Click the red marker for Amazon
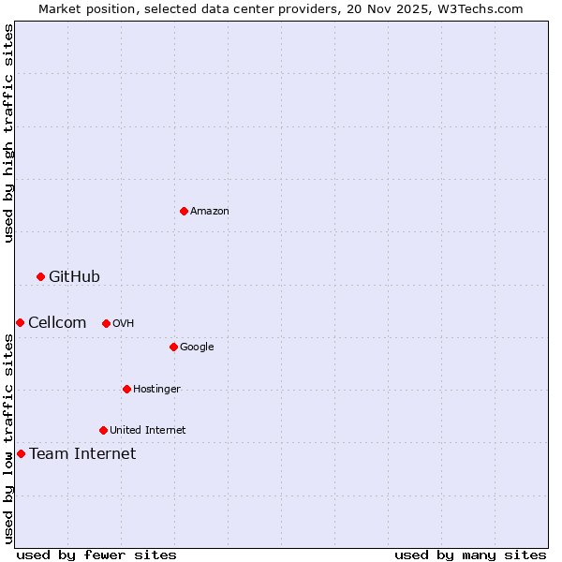[184, 211]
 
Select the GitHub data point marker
[40, 276]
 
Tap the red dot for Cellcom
[20, 322]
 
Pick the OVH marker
[106, 323]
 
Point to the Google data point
[173, 347]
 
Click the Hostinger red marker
[126, 389]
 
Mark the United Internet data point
[103, 430]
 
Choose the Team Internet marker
[21, 453]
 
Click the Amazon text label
[210, 211]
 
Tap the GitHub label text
[74, 276]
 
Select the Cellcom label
[57, 322]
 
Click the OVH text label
[124, 323]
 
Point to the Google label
[197, 347]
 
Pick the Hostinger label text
[156, 389]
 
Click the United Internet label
[148, 430]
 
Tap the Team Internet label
[82, 453]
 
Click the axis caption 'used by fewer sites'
[96, 555]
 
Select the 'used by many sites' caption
[470, 555]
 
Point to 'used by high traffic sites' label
[8, 133]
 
